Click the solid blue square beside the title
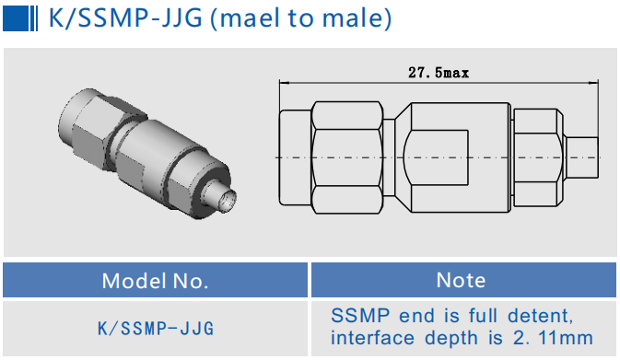click(x=16, y=18)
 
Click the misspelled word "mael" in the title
click(x=245, y=18)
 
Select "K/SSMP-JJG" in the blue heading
click(x=125, y=18)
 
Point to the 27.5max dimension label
click(x=439, y=73)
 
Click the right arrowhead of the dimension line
click(x=593, y=83)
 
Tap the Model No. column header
click(x=155, y=281)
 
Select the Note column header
click(x=461, y=280)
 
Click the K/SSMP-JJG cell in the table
click(x=156, y=329)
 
